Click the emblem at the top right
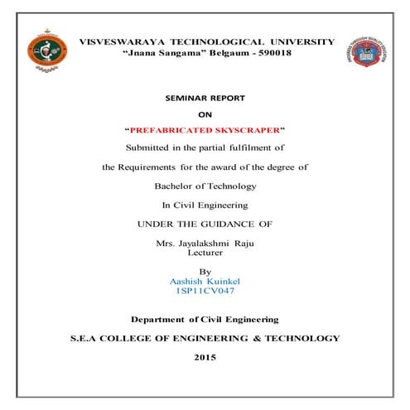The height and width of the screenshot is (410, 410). (x=369, y=51)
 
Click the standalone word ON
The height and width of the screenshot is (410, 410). (x=205, y=114)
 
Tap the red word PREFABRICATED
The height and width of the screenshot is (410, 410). (x=170, y=130)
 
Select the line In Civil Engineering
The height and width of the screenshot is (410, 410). (x=205, y=204)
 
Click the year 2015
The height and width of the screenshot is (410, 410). (x=205, y=357)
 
